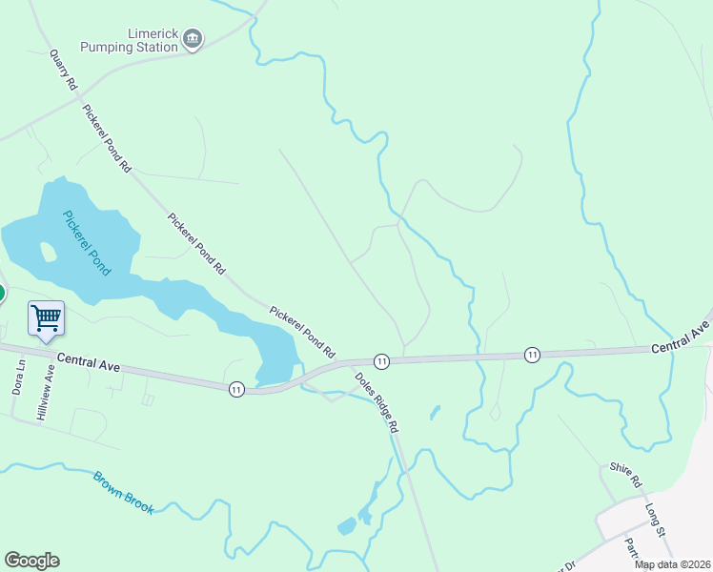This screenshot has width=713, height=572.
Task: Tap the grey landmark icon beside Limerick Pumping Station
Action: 193,39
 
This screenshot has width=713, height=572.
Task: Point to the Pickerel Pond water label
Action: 87,242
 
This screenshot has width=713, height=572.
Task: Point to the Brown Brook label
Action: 123,492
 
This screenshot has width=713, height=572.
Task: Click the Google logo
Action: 31,561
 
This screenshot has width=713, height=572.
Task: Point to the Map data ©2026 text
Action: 672,564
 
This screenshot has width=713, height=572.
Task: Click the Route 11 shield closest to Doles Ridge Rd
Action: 381,360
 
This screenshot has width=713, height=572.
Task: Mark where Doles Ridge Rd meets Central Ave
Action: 351,363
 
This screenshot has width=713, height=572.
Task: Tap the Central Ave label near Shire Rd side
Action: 681,340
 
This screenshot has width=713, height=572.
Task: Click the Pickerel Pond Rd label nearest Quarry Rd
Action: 106,138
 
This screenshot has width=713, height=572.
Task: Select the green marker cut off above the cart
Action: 2,293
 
